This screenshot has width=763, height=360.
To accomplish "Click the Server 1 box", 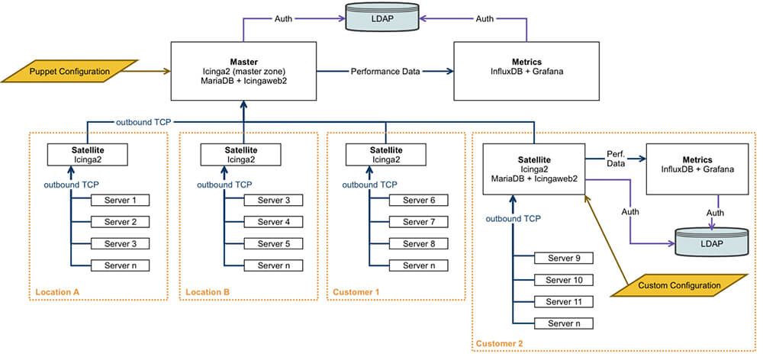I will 120,201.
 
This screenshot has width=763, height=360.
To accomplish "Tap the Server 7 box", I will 418,222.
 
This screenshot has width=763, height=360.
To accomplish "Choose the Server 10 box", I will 565,280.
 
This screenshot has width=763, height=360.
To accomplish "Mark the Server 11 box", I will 565,302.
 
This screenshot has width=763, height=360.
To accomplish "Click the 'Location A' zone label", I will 57,291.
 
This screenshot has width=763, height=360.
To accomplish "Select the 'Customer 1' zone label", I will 356,291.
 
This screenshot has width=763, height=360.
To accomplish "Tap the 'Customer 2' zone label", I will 500,345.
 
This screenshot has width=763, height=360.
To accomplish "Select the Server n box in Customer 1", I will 418,265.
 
